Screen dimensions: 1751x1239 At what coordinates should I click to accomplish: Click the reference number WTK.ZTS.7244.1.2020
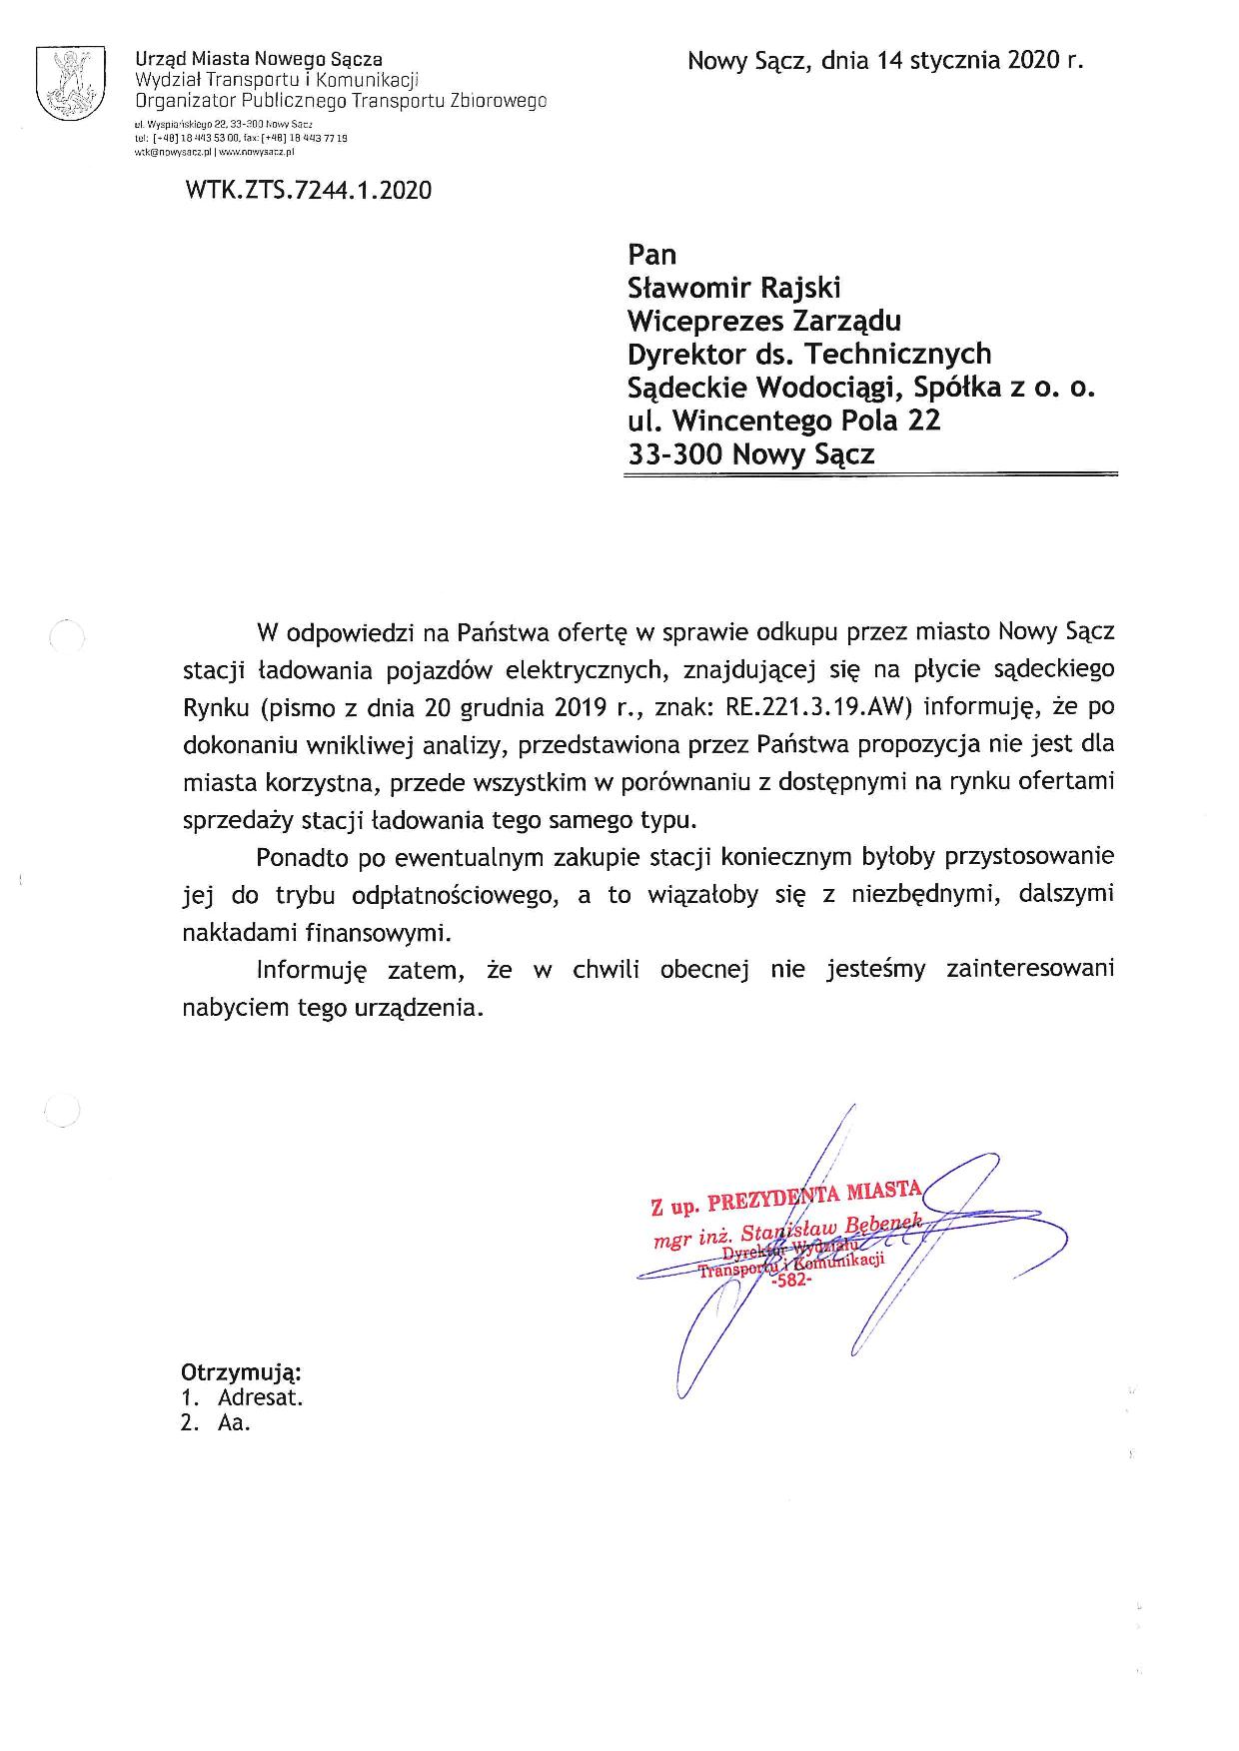308,190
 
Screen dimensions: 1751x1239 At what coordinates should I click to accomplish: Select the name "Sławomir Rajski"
733,288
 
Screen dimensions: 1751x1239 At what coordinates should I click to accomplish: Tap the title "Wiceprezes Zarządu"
763,321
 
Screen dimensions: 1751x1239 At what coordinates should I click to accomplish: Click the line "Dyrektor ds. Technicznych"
808,354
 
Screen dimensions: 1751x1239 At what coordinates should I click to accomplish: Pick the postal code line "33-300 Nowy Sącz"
750,454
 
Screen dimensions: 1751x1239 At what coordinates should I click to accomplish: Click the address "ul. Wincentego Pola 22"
783,421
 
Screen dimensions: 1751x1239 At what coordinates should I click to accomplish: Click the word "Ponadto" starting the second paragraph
297,857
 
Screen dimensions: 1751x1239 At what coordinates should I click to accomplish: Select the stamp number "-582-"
791,1283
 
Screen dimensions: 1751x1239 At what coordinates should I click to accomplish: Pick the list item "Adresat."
260,1397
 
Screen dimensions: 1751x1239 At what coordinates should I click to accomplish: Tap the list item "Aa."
233,1423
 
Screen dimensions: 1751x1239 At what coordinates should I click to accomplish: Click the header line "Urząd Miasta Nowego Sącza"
259,60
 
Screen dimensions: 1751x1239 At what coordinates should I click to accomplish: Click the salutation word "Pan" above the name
651,255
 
